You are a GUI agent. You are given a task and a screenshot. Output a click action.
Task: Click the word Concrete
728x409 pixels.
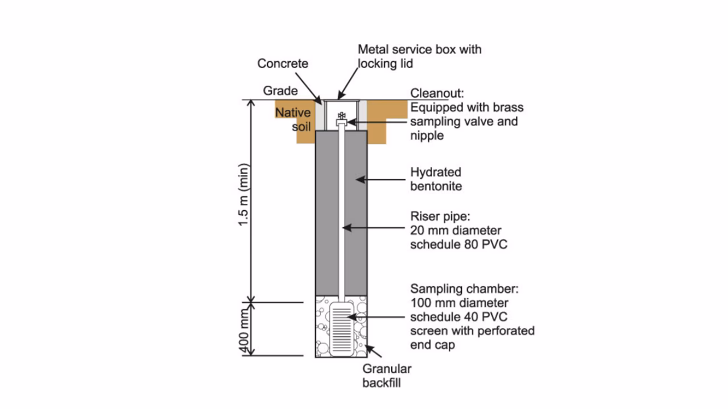(x=283, y=63)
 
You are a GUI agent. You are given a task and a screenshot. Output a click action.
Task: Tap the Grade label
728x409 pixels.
(x=280, y=91)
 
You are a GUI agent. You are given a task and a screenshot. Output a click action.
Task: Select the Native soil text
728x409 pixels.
(x=293, y=119)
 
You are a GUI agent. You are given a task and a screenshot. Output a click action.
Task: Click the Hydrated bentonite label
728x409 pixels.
(x=436, y=179)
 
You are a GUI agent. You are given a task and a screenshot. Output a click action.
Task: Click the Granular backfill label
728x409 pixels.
(x=387, y=375)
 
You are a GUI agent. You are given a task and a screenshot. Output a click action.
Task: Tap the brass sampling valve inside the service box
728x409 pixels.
(x=341, y=117)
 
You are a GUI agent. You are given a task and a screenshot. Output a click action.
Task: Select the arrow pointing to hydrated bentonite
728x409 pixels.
(x=381, y=180)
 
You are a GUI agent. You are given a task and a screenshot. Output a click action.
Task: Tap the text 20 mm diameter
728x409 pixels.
(x=456, y=231)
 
